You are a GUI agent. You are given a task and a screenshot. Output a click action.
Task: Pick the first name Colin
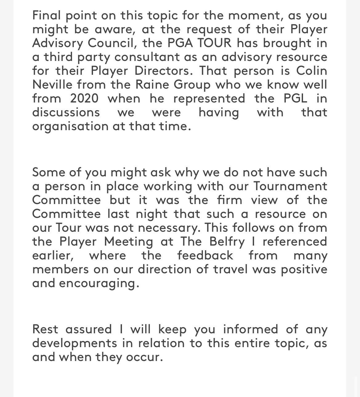311,70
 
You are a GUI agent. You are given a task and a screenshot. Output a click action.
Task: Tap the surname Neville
52,84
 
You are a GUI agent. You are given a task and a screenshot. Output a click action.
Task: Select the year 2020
84,98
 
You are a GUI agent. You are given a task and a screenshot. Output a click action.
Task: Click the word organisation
70,126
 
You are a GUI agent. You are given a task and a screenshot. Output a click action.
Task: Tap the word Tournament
290,186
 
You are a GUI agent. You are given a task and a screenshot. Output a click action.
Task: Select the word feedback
205,255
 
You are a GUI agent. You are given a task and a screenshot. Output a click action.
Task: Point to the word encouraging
97,283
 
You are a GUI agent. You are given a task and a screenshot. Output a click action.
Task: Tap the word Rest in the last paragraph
45,329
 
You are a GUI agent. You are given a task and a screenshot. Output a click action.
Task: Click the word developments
75,343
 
